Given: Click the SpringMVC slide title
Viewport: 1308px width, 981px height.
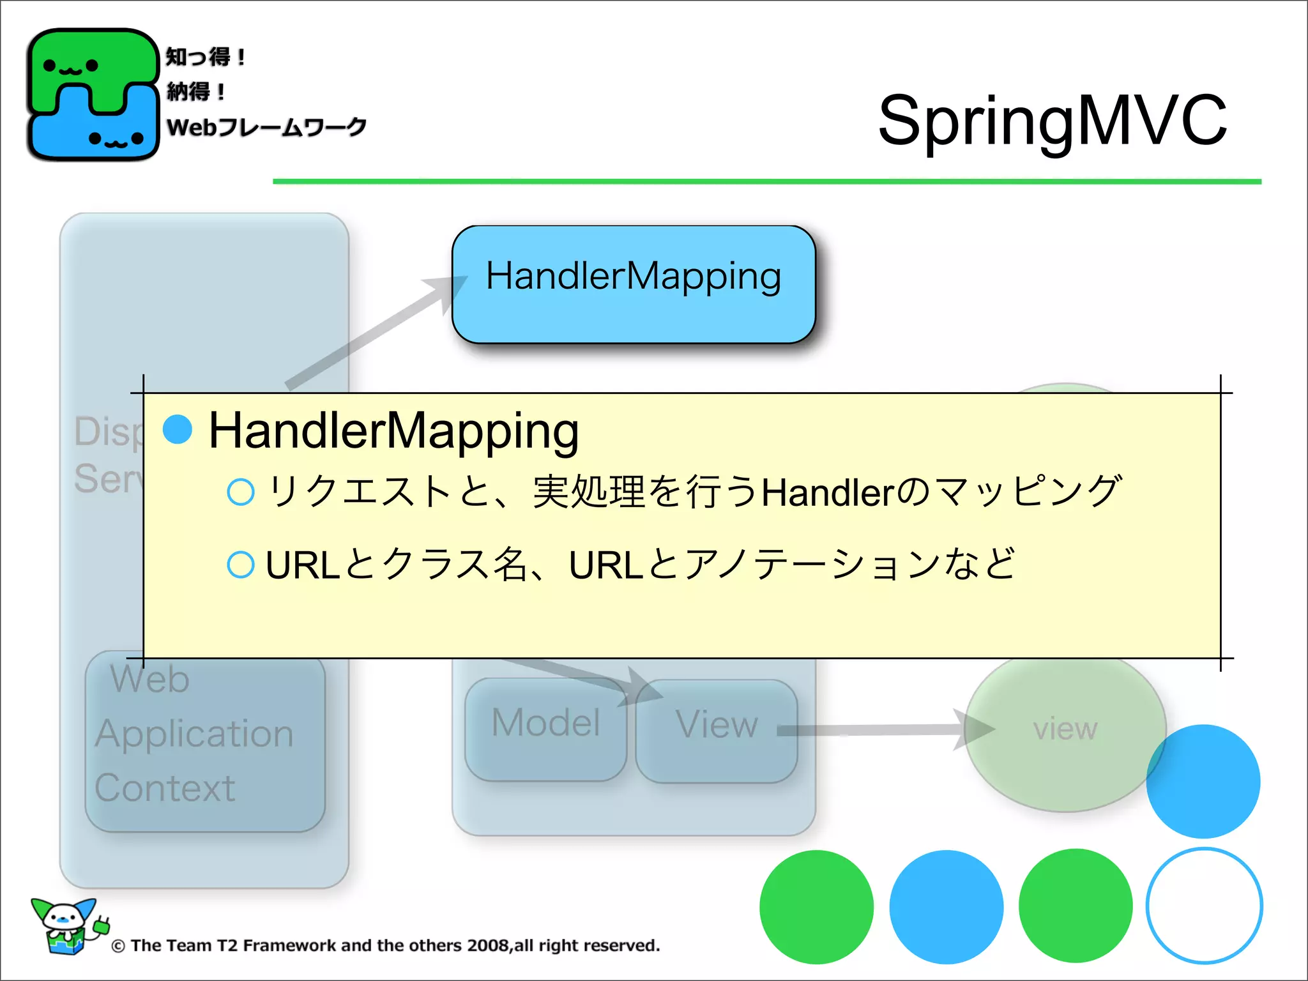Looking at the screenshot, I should click(1052, 121).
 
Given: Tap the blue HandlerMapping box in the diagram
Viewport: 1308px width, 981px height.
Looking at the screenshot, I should click(633, 284).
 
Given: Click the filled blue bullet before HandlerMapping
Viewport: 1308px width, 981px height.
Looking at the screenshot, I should click(178, 429).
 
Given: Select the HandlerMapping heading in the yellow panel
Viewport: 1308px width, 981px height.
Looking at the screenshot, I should click(393, 430).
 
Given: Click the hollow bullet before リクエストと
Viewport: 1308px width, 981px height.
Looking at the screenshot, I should click(241, 492).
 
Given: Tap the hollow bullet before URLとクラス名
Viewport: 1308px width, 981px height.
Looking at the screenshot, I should click(241, 565).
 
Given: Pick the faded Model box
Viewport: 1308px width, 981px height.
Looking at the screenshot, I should click(545, 727).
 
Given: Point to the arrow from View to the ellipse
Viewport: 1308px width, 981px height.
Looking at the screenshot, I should click(881, 730).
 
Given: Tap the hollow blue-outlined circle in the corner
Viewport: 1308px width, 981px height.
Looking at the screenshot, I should click(1204, 906).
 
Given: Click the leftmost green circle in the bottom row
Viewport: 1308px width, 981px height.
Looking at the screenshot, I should click(816, 907).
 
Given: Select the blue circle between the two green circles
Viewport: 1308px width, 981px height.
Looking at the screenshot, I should click(946, 907).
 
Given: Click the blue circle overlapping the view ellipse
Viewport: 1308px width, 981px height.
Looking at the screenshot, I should click(1203, 781).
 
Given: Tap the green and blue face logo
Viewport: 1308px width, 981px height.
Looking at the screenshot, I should click(93, 95).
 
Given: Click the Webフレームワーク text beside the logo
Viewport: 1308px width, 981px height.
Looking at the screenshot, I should click(266, 127).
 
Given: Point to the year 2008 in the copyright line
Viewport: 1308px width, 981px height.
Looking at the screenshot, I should click(488, 946).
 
